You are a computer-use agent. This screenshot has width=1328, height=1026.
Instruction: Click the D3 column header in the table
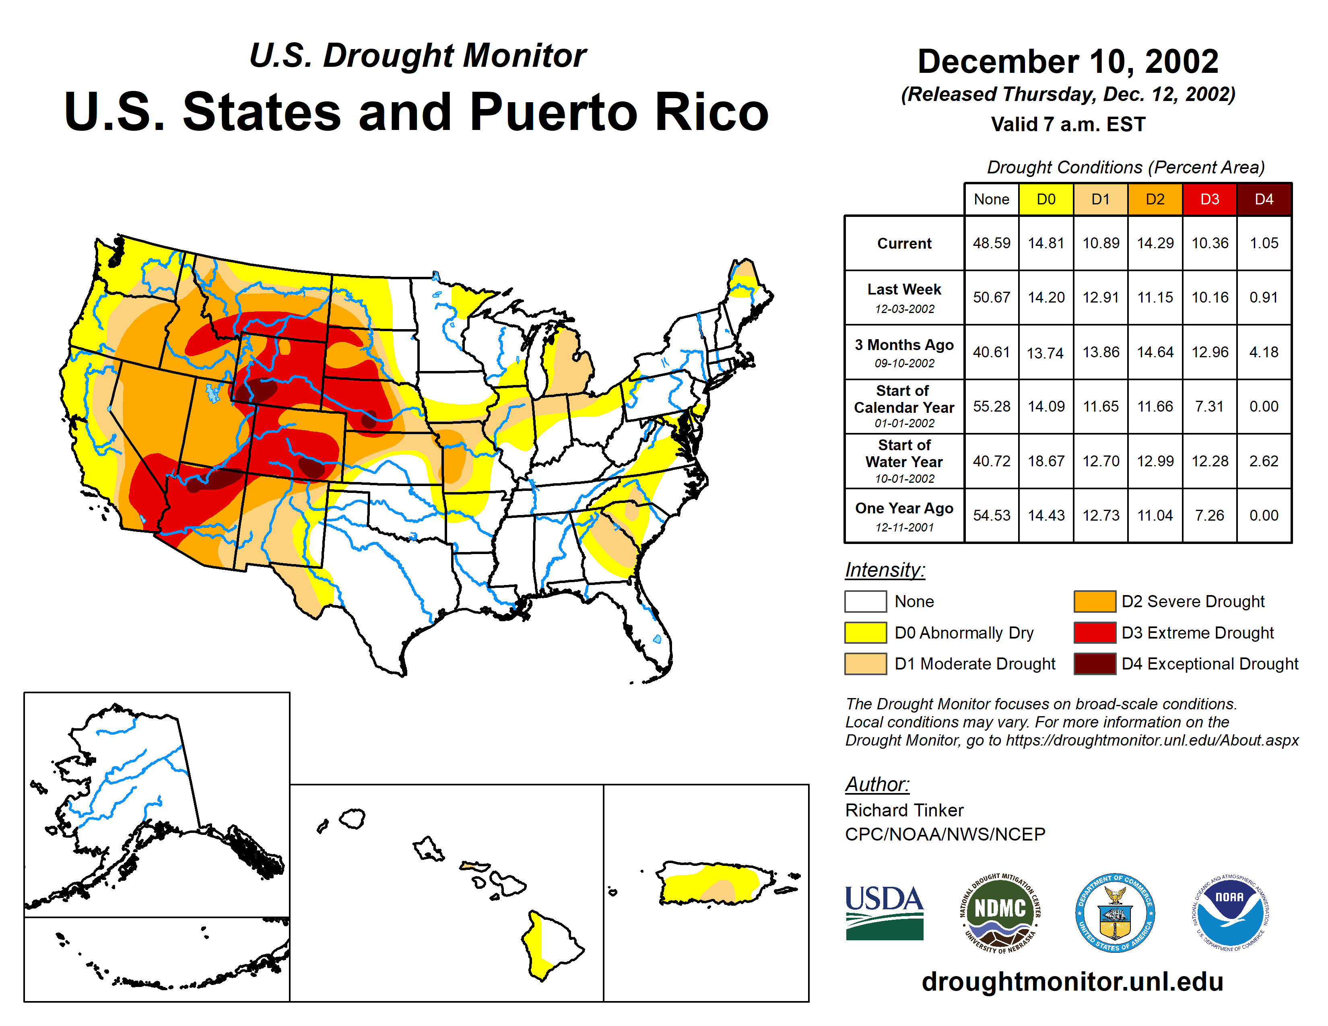point(1209,199)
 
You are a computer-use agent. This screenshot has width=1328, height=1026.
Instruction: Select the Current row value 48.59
point(991,243)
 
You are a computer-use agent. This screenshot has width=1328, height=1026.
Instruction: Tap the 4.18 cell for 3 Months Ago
point(1264,352)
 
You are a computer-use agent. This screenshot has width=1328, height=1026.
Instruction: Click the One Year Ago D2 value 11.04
point(1155,515)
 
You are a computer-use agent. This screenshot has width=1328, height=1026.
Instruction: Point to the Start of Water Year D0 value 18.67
point(1046,461)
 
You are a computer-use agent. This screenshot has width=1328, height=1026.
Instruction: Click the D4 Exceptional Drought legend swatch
point(1095,664)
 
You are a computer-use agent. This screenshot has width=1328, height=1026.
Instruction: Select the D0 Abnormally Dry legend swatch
point(865,633)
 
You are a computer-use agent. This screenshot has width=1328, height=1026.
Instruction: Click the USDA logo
point(884,913)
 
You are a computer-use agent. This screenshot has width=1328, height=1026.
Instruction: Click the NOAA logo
point(1229,913)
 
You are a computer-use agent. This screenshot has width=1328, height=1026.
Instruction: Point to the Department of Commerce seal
point(1115,913)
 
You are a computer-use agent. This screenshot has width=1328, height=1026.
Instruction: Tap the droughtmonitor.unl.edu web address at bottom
point(1072,982)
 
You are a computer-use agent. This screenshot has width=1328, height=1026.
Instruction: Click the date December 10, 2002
point(1068,62)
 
